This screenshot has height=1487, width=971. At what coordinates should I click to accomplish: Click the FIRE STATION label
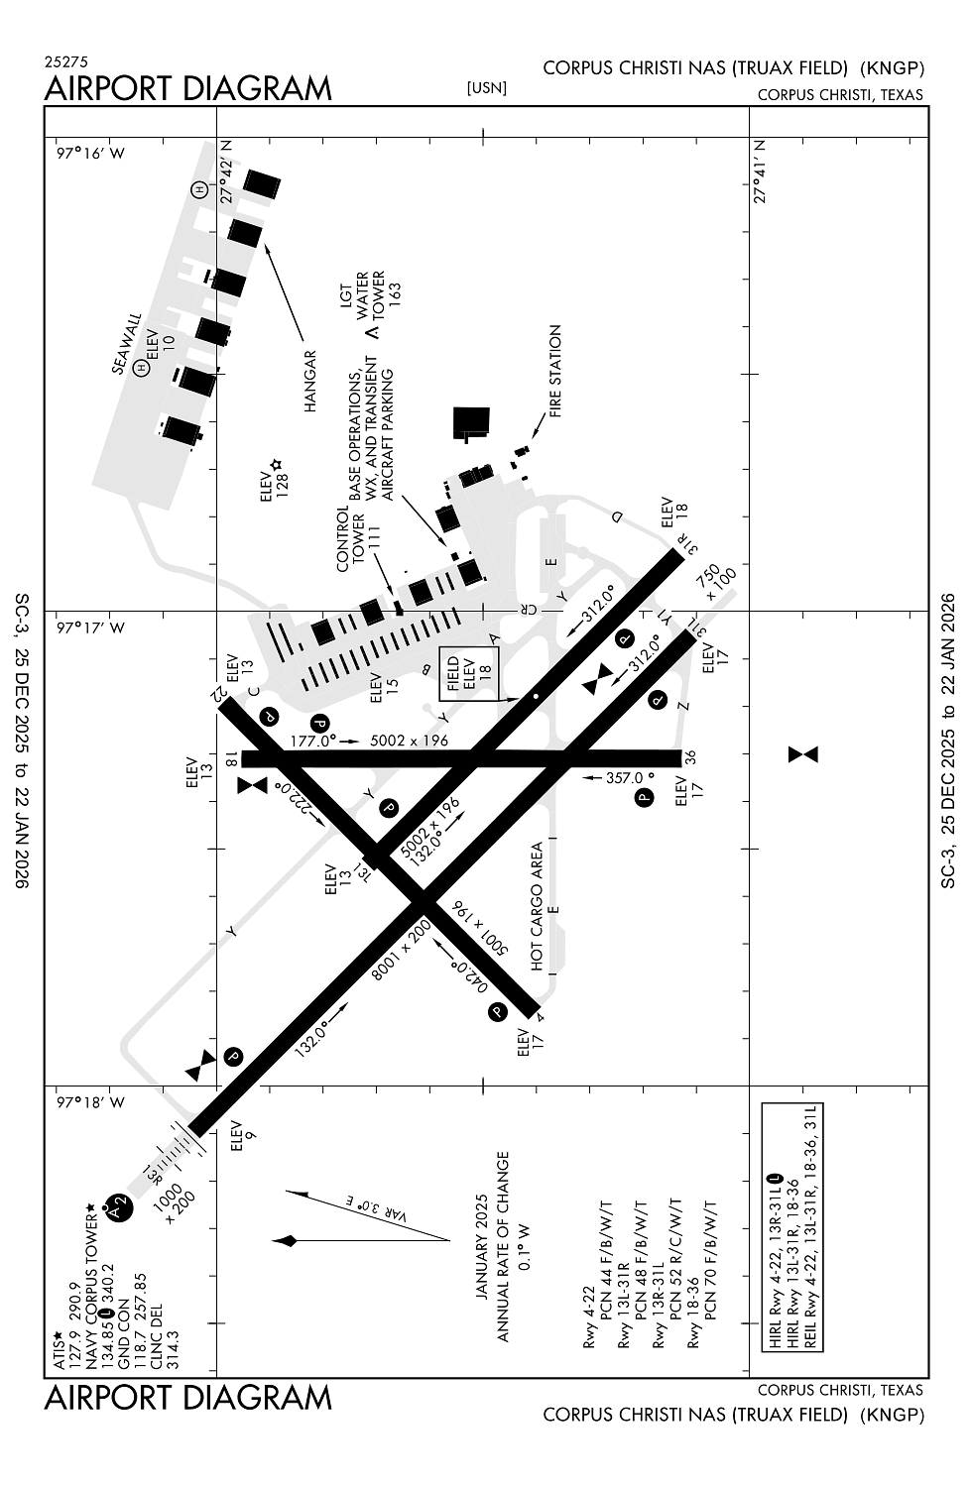554,370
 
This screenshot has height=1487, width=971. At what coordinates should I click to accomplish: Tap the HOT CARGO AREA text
538,906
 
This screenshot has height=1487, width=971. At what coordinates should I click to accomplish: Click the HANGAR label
308,381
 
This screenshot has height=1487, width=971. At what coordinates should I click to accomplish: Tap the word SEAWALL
127,344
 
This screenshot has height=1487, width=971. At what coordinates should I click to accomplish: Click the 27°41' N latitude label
761,171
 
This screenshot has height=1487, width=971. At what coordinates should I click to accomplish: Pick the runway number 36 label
691,758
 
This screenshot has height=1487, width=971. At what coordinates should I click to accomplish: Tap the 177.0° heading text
314,740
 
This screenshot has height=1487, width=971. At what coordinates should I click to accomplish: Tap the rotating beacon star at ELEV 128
277,465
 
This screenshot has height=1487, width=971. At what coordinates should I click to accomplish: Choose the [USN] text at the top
486,88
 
